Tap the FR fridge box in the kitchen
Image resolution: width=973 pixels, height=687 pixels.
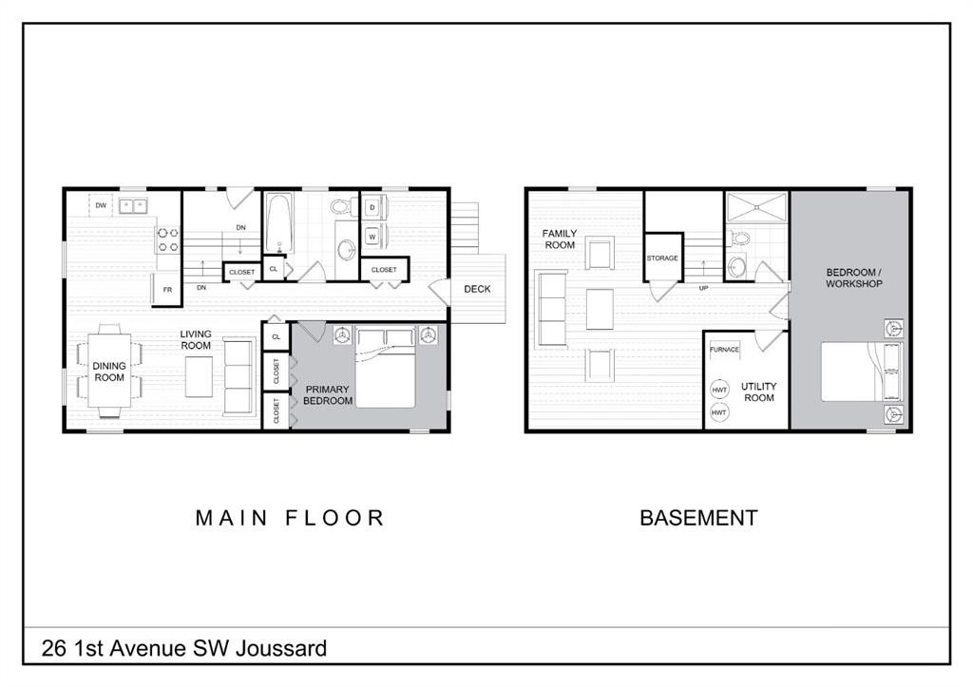tap(166, 289)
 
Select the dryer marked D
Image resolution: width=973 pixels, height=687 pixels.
tap(372, 207)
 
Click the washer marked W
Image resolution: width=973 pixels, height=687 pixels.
tap(372, 237)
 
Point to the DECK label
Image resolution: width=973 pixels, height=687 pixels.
tap(477, 289)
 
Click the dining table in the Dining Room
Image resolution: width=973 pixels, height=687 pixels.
tap(109, 372)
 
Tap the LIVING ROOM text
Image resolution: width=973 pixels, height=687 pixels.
tap(196, 340)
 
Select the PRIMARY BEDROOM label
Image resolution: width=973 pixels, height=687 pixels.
tap(327, 395)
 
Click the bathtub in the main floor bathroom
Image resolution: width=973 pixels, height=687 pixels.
tap(279, 224)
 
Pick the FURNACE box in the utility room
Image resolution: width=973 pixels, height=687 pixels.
tap(724, 350)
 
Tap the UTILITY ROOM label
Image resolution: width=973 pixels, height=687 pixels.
tap(758, 391)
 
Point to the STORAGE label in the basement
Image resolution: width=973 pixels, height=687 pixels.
tap(662, 258)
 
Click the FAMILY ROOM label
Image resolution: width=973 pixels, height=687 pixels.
tap(560, 239)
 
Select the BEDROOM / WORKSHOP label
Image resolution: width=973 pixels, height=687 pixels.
tap(853, 278)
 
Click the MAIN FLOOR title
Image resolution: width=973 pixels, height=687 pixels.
tap(290, 518)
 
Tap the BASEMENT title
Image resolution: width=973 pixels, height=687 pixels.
tap(698, 518)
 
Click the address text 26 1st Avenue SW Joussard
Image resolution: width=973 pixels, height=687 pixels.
tap(184, 648)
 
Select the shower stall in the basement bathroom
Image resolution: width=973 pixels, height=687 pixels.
tap(756, 206)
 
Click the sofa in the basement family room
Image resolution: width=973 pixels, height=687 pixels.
tap(551, 309)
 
